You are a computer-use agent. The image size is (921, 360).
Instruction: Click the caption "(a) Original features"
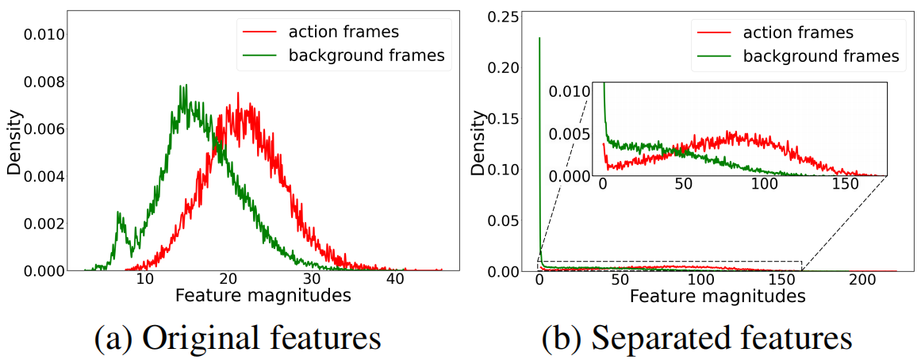click(x=238, y=336)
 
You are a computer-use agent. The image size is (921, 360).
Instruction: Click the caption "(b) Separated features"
click(x=697, y=336)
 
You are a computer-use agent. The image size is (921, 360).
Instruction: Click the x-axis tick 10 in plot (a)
click(x=144, y=281)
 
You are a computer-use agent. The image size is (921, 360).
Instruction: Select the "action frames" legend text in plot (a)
click(x=343, y=33)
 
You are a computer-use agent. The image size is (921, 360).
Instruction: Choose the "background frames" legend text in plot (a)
click(x=366, y=56)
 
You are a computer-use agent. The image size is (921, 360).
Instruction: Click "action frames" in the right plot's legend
click(x=798, y=33)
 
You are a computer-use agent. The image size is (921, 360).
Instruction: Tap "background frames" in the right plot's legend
click(x=820, y=56)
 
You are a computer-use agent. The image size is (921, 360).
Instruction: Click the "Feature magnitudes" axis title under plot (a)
click(x=263, y=297)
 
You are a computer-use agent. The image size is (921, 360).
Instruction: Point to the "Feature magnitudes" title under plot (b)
click(x=717, y=297)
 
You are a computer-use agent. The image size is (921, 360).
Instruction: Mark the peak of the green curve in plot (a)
click(x=183, y=86)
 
